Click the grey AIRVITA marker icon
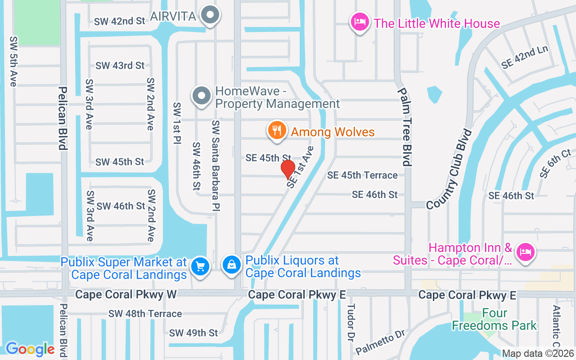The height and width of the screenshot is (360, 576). click(210, 16)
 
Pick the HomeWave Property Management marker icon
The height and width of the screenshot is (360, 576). click(202, 96)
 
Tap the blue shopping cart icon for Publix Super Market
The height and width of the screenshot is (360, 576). click(200, 267)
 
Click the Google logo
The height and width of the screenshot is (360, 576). click(30, 349)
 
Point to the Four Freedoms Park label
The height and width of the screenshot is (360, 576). click(495, 319)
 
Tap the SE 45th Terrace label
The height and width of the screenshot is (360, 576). click(362, 175)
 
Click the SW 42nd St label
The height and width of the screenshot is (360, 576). click(120, 21)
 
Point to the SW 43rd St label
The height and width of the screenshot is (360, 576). click(120, 66)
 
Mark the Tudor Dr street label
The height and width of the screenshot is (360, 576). click(351, 323)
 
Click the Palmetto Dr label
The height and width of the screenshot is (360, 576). click(380, 342)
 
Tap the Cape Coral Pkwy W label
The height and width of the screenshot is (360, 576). click(126, 295)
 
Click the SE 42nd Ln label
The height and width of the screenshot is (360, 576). click(526, 57)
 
